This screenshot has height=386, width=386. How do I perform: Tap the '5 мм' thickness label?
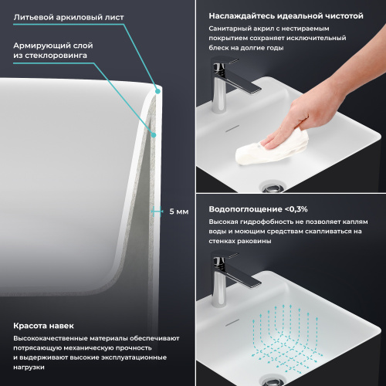pyautogui.click(x=179, y=211)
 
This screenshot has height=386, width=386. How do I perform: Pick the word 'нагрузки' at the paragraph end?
pyautogui.click(x=29, y=367)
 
